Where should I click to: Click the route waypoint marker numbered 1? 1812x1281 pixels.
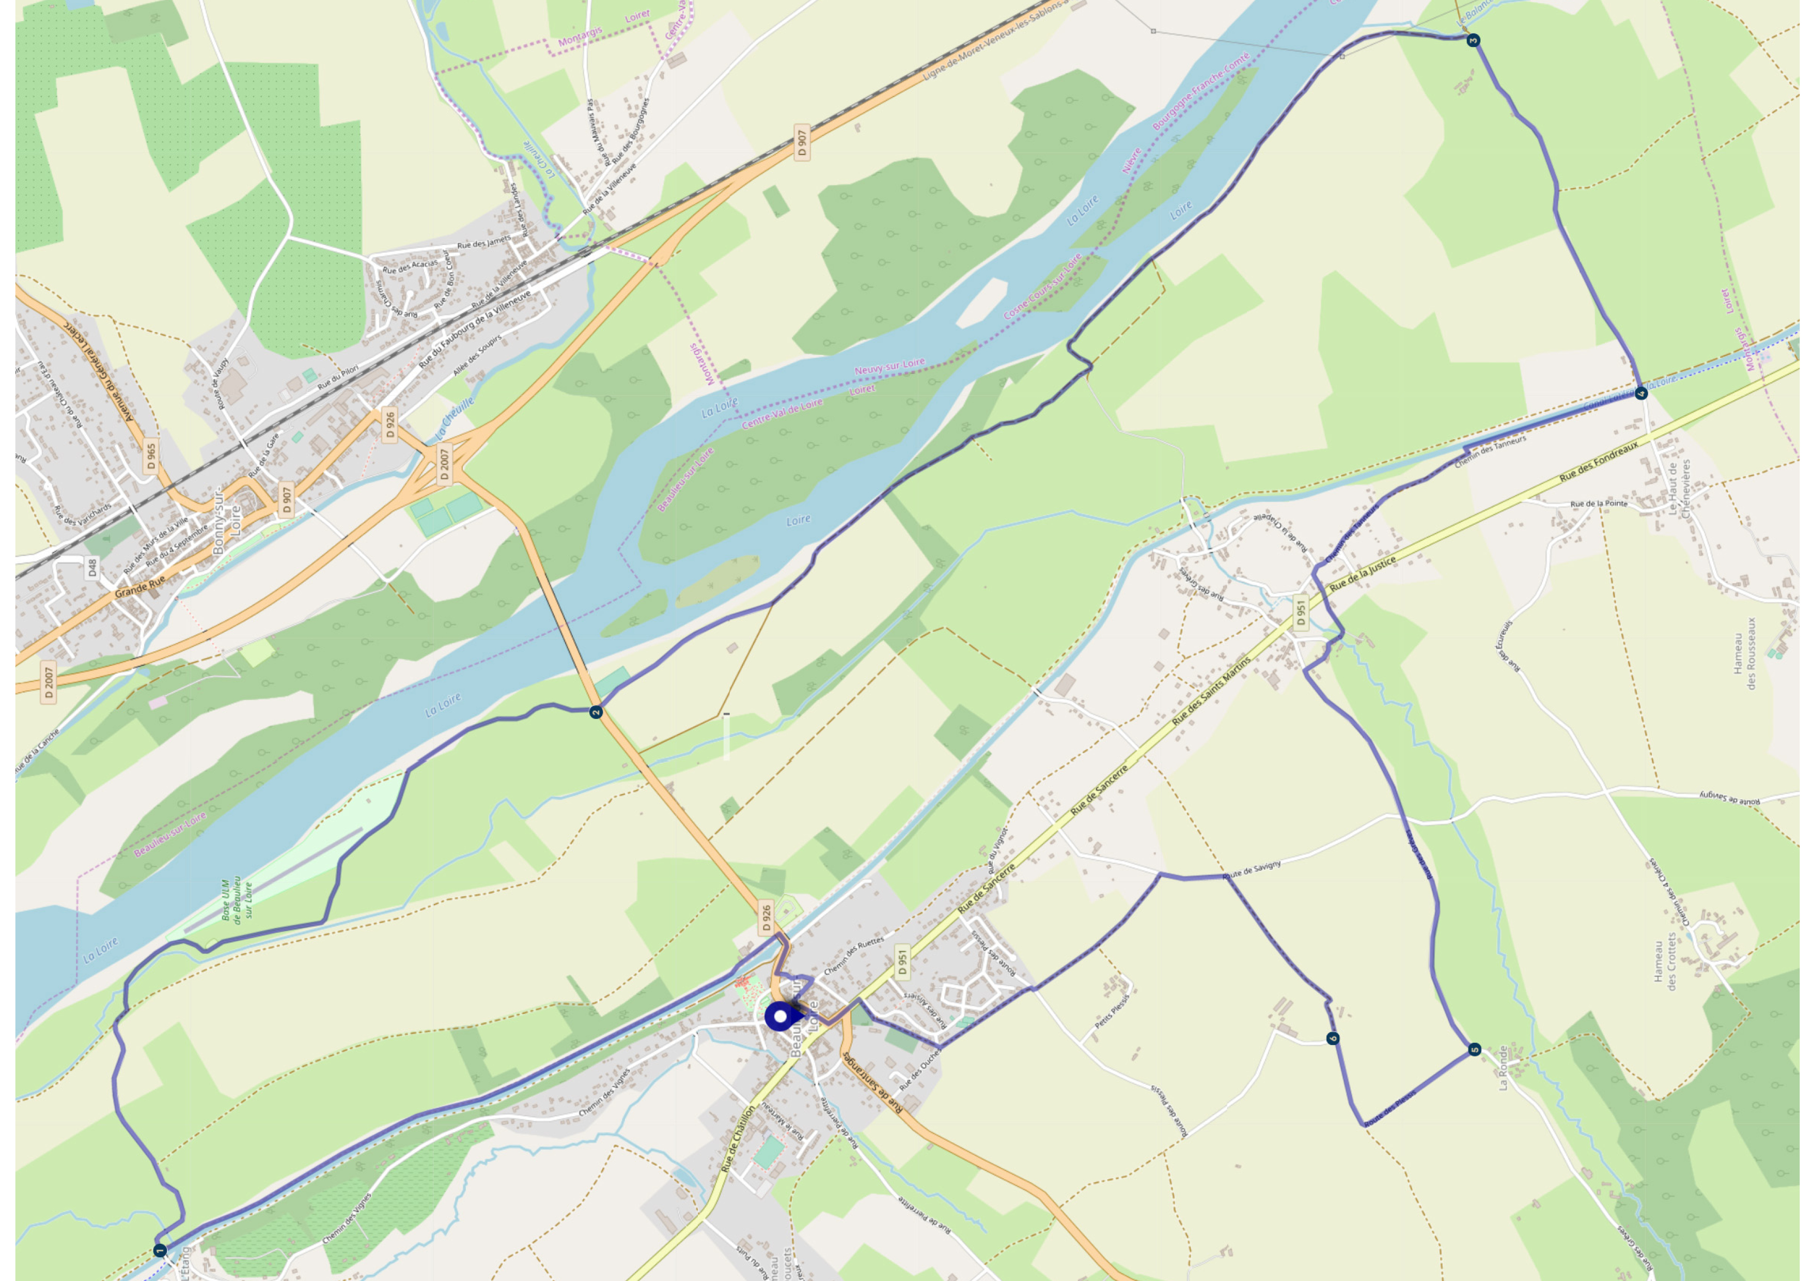[x=160, y=1250]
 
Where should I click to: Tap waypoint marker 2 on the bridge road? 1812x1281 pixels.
[x=597, y=712]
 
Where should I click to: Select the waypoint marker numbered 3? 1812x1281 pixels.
[x=1473, y=40]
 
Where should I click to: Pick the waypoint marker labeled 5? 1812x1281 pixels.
[x=1474, y=1050]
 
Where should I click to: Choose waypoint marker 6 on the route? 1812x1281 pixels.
[x=1333, y=1038]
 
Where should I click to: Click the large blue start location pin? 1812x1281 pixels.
[x=780, y=1017]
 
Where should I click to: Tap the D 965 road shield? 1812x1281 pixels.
[x=151, y=456]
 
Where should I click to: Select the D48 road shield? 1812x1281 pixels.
[x=92, y=567]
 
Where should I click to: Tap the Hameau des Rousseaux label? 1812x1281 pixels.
[x=1744, y=653]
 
